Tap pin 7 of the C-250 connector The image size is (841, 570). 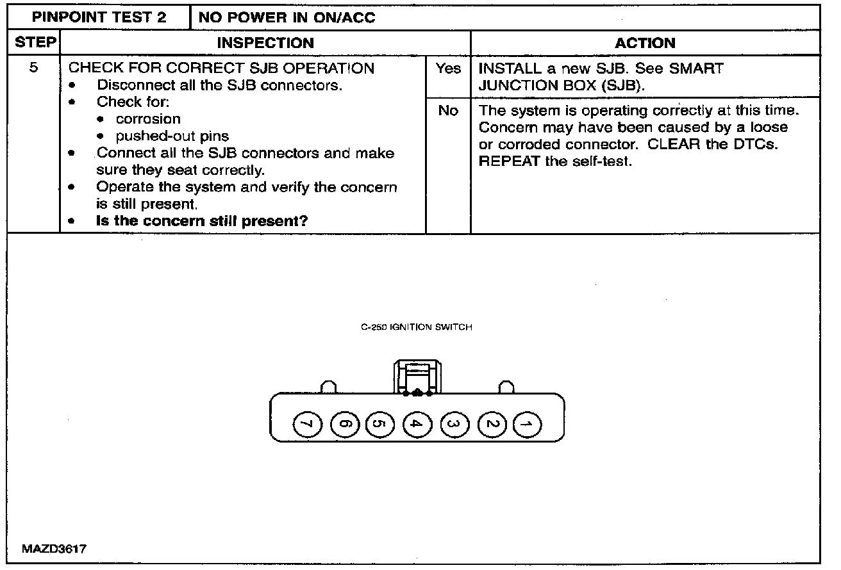click(307, 423)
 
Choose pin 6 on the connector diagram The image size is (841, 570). click(344, 423)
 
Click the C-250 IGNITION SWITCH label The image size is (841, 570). click(417, 327)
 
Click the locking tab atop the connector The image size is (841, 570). click(417, 377)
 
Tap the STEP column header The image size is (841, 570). click(31, 44)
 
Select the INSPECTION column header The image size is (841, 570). click(265, 44)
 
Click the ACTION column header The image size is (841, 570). click(645, 44)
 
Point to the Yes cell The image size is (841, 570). click(448, 69)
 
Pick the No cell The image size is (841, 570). click(448, 111)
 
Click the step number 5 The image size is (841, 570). click(32, 68)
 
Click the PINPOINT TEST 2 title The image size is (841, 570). click(99, 17)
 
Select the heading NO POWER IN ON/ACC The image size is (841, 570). click(287, 17)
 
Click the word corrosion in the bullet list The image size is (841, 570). click(148, 119)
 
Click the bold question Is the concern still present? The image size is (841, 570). click(202, 222)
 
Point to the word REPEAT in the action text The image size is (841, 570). click(509, 161)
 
